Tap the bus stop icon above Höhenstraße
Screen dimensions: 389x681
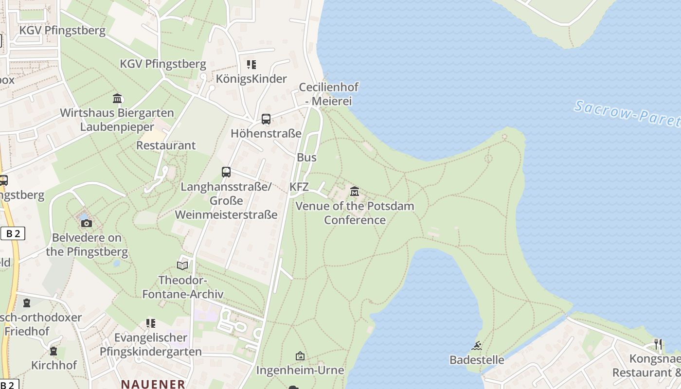(266, 119)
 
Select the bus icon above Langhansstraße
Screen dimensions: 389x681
(226, 172)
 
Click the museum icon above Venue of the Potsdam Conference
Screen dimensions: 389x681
(355, 191)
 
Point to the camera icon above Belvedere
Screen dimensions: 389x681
(87, 223)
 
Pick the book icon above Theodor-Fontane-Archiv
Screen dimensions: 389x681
(182, 265)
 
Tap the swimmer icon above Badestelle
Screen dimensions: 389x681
(477, 346)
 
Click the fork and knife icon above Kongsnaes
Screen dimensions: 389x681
(658, 344)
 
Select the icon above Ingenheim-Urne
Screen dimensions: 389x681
(300, 356)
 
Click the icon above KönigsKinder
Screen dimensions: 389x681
(251, 64)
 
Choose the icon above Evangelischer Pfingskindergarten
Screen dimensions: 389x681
(151, 323)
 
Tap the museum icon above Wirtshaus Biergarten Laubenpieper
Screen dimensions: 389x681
(117, 99)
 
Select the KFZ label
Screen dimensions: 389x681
(299, 187)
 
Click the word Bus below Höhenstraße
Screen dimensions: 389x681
(306, 158)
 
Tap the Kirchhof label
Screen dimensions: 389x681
(54, 365)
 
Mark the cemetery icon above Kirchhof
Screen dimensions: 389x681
(54, 351)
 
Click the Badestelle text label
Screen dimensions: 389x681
(477, 360)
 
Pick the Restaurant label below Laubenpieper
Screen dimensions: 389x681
(166, 145)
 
